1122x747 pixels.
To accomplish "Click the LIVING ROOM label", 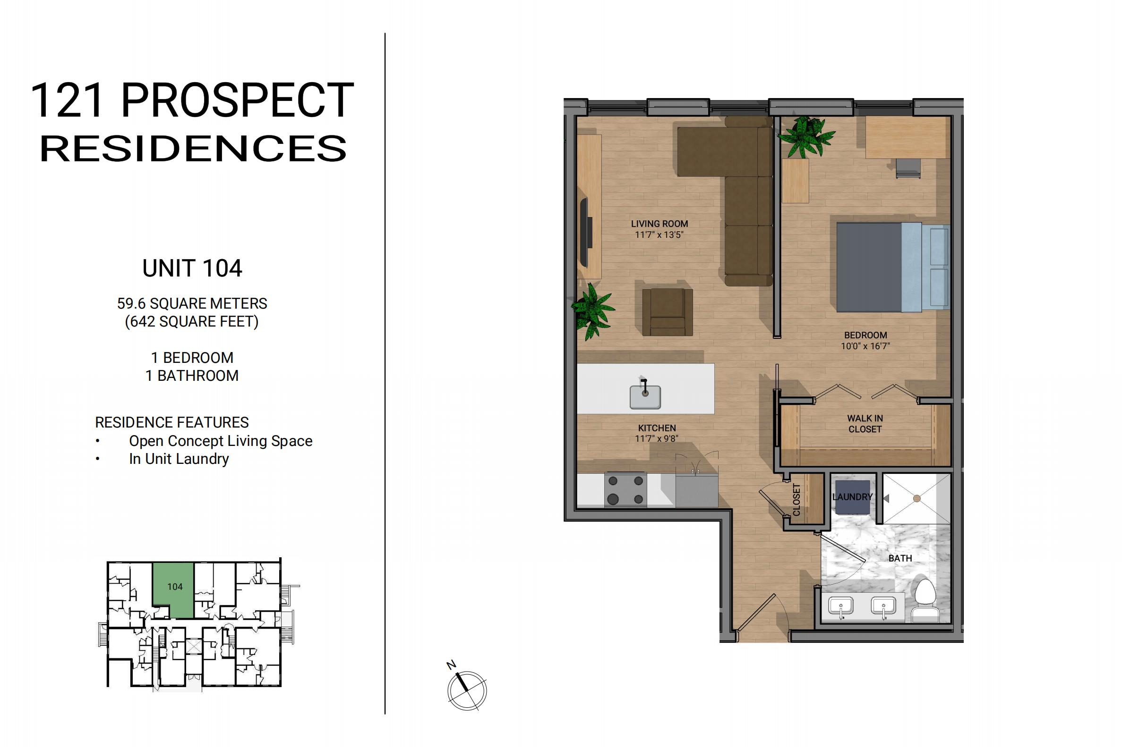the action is point(659,223).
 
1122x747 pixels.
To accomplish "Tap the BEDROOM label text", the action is point(865,335).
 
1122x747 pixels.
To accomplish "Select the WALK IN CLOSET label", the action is point(865,424).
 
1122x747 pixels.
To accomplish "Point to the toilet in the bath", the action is point(925,600).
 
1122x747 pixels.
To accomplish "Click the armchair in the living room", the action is point(667,312).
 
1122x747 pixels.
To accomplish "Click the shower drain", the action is point(916,498).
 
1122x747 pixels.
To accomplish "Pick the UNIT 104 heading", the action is point(192,268).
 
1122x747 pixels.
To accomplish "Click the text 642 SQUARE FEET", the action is point(192,321).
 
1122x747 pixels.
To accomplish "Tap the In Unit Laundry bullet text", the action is point(179,459).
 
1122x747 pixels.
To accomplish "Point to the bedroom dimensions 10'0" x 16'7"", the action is point(865,346).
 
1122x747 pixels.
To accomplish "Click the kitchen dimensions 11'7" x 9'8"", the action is point(657,438).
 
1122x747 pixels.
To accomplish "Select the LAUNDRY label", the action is point(852,497).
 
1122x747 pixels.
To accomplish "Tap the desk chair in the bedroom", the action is point(908,168).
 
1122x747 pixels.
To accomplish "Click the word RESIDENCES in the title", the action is point(193,148).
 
